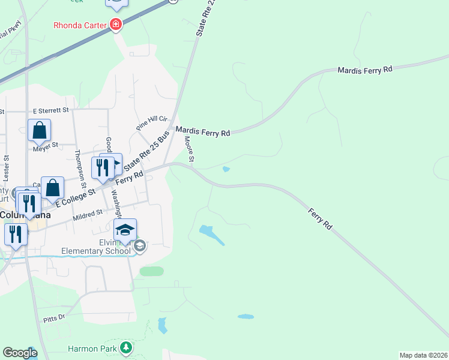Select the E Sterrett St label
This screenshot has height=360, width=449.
[52, 110]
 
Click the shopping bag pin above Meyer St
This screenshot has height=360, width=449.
[39, 130]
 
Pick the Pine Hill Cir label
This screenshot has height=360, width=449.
[149, 124]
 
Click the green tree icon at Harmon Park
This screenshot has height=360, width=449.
[126, 347]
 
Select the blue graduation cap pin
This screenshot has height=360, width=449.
[125, 230]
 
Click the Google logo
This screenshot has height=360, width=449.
[20, 353]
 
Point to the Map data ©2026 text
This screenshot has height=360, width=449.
[423, 355]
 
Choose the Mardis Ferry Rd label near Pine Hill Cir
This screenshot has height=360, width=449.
[203, 131]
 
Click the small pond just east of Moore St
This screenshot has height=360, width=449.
[226, 169]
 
